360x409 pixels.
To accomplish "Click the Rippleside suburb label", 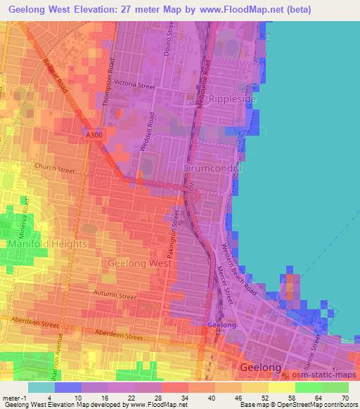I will (x=230, y=99).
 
